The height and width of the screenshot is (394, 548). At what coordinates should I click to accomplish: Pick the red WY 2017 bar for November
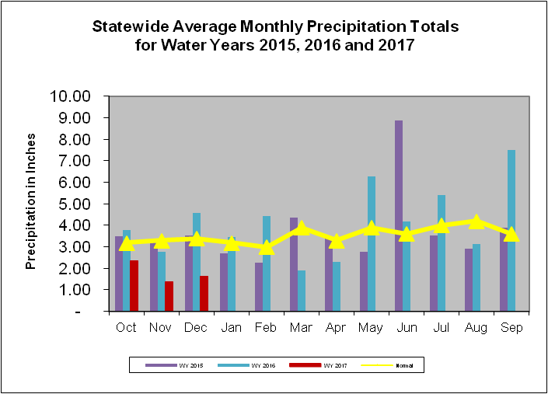[x=169, y=296]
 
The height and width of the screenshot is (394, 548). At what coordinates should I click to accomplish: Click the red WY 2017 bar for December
[x=204, y=293]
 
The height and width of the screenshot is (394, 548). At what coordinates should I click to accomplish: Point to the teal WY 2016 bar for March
[x=302, y=291]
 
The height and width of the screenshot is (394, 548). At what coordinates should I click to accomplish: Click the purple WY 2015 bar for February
[x=258, y=287]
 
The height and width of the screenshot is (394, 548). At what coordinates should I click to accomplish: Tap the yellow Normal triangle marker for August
[x=476, y=221]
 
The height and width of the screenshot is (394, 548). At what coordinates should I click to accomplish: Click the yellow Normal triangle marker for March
[x=302, y=228]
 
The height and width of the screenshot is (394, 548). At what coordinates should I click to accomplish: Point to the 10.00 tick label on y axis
[x=71, y=96]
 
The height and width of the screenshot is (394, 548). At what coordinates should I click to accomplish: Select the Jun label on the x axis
[x=406, y=328]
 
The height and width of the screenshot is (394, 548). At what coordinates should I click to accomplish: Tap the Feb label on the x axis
[x=266, y=328]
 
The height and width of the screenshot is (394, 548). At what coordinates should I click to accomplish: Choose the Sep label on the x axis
[x=511, y=328]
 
